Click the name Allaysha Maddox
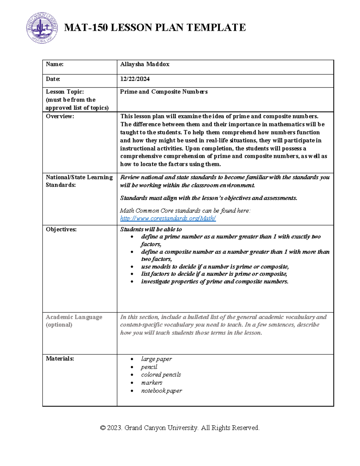pyautogui.click(x=145, y=64)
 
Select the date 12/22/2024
pyautogui.click(x=135, y=79)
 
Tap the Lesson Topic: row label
pyautogui.click(x=65, y=92)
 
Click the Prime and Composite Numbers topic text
pyautogui.click(x=164, y=92)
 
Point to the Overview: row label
pyautogui.click(x=60, y=116)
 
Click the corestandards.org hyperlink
pyautogui.click(x=168, y=218)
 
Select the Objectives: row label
pyautogui.click(x=61, y=230)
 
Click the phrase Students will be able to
pyautogui.click(x=151, y=230)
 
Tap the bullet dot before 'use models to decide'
pyautogui.click(x=132, y=267)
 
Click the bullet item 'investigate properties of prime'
pyautogui.click(x=214, y=282)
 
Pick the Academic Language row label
pyautogui.click(x=74, y=317)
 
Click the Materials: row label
pyautogui.click(x=60, y=359)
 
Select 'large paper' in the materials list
pyautogui.click(x=156, y=359)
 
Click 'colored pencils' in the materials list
pyautogui.click(x=161, y=375)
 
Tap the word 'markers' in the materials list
pyautogui.click(x=151, y=383)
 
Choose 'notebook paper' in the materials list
pyautogui.click(x=161, y=391)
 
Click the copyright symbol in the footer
pyautogui.click(x=103, y=428)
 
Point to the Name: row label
pyautogui.click(x=55, y=64)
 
